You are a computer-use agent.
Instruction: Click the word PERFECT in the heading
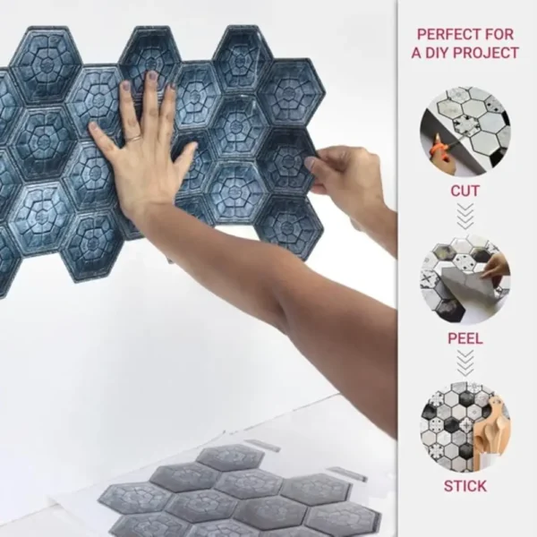coord(443,34)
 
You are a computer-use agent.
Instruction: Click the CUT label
coord(465,191)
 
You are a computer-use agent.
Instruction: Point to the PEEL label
coord(465,338)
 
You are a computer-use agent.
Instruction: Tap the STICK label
coord(465,486)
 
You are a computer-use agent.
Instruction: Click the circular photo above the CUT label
coord(465,132)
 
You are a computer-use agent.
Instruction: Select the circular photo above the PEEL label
coord(465,279)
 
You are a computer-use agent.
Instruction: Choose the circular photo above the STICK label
coord(465,427)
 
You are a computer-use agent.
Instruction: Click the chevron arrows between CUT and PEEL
coord(465,216)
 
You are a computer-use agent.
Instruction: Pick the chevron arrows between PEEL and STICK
coord(465,363)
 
